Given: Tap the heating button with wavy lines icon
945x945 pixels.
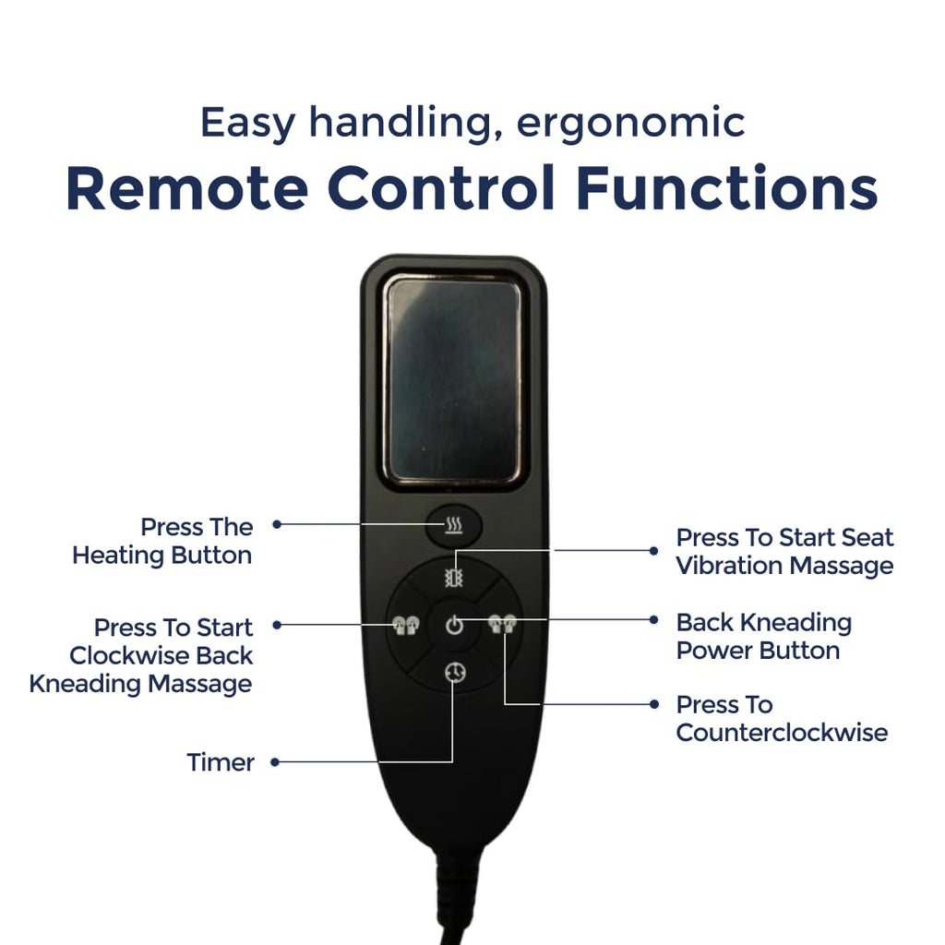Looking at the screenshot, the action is (454, 525).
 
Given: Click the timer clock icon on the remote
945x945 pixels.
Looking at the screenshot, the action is (455, 672).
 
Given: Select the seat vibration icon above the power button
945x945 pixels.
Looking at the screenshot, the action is (454, 578).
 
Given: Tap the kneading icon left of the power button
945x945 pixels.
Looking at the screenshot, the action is (406, 625).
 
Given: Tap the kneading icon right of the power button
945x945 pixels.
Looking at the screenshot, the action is (502, 623).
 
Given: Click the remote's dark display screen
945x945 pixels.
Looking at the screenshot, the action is (452, 379).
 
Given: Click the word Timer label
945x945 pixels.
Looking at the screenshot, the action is (221, 762).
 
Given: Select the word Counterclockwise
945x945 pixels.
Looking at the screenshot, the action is (782, 733).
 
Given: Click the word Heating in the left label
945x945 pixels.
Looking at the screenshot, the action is (119, 556).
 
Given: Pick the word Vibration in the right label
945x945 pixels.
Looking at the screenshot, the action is (730, 566).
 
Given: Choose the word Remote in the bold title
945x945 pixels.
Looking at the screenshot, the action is (186, 188).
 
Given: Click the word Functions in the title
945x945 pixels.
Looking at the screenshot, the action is (727, 188).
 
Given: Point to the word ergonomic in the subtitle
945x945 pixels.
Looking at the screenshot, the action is (630, 124).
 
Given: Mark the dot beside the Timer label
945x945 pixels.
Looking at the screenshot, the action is (275, 762).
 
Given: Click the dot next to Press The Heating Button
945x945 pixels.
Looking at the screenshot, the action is (277, 524).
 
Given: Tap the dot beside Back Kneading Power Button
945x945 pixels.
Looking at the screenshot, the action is (654, 619).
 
